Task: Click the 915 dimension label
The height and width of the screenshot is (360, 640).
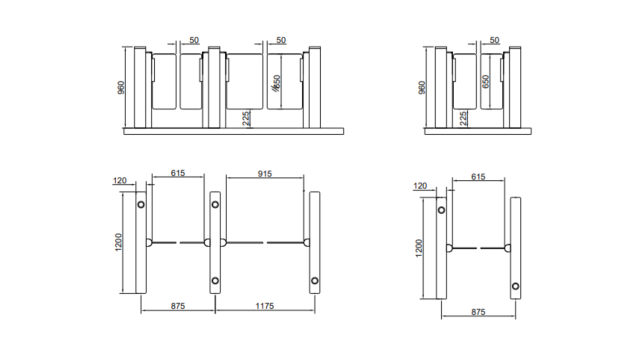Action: click(264, 173)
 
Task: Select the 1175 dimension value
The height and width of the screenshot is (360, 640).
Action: click(264, 305)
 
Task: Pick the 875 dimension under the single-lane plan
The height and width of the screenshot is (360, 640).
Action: click(479, 312)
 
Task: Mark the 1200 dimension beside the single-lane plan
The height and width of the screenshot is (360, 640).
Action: click(420, 248)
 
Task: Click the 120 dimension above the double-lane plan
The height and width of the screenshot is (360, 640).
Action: click(122, 181)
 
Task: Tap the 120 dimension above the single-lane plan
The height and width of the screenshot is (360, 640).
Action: click(421, 186)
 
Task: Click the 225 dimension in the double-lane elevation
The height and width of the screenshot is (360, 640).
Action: click(247, 118)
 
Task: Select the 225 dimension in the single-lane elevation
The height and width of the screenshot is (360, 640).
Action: click(464, 118)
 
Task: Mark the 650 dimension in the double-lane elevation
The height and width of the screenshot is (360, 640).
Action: click(277, 86)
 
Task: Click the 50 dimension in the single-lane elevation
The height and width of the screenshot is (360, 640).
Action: click(495, 40)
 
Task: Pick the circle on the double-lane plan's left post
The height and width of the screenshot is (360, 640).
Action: click(140, 205)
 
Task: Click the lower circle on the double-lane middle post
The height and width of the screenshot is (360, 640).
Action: click(214, 281)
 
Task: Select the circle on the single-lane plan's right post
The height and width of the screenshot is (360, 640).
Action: click(515, 287)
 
